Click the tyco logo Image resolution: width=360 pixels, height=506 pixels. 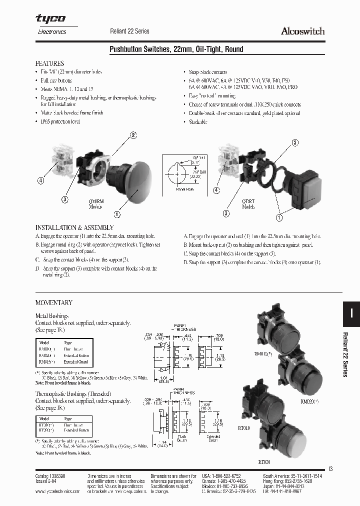pos(50,19)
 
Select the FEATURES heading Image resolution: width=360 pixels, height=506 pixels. pos(49,64)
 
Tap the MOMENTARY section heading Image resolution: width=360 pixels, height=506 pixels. pos(53,302)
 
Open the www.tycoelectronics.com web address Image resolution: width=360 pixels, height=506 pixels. pos(58,491)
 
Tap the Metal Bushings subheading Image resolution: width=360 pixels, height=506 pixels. pos(51,316)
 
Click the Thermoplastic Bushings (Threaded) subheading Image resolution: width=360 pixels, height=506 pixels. pos(73,393)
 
